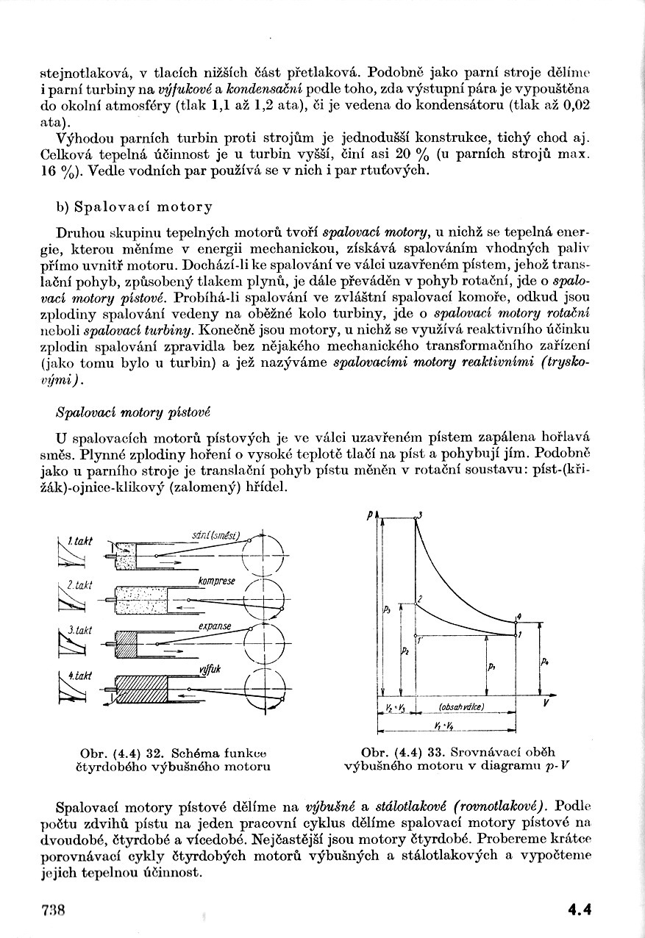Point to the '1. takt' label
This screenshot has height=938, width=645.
point(79,541)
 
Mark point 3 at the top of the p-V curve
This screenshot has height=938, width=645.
point(417,515)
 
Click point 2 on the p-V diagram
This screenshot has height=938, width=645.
point(418,601)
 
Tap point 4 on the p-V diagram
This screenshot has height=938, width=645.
point(519,615)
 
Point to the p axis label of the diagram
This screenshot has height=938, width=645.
point(368,517)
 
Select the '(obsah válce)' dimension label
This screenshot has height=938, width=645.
point(460,706)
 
